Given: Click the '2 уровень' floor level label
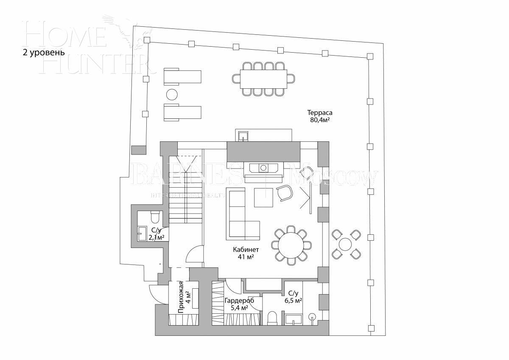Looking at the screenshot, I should click(x=44, y=53).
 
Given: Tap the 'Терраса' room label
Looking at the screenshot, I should click(x=320, y=113).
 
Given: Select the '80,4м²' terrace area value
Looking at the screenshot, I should click(x=320, y=121).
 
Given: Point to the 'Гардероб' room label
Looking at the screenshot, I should click(x=239, y=301).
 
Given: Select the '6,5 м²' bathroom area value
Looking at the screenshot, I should click(x=293, y=301).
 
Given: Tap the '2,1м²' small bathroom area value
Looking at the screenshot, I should click(x=155, y=238).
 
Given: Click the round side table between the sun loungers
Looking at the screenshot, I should click(x=172, y=94).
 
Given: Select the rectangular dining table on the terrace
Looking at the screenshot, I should click(x=263, y=79).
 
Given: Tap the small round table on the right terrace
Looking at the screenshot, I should click(x=346, y=245).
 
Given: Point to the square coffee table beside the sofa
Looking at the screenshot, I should click(x=263, y=197).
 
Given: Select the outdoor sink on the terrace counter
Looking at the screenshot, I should click(x=243, y=135).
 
